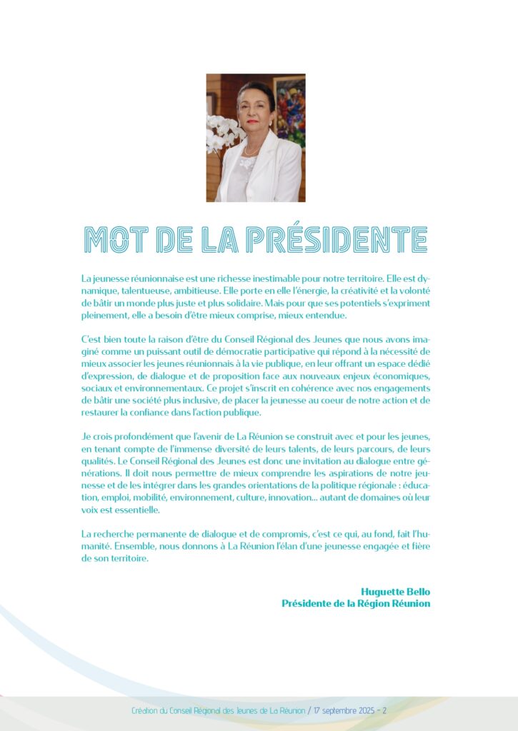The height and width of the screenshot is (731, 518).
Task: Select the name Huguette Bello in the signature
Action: tap(396, 591)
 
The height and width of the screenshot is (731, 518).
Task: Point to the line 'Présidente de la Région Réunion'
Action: tap(356, 603)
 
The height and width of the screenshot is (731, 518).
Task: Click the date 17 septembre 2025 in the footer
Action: tap(339, 711)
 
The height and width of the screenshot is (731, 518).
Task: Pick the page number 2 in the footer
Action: tap(384, 711)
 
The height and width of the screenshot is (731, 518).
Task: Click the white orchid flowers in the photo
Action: tap(221, 133)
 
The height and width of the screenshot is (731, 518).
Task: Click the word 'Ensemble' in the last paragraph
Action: tap(104, 547)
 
